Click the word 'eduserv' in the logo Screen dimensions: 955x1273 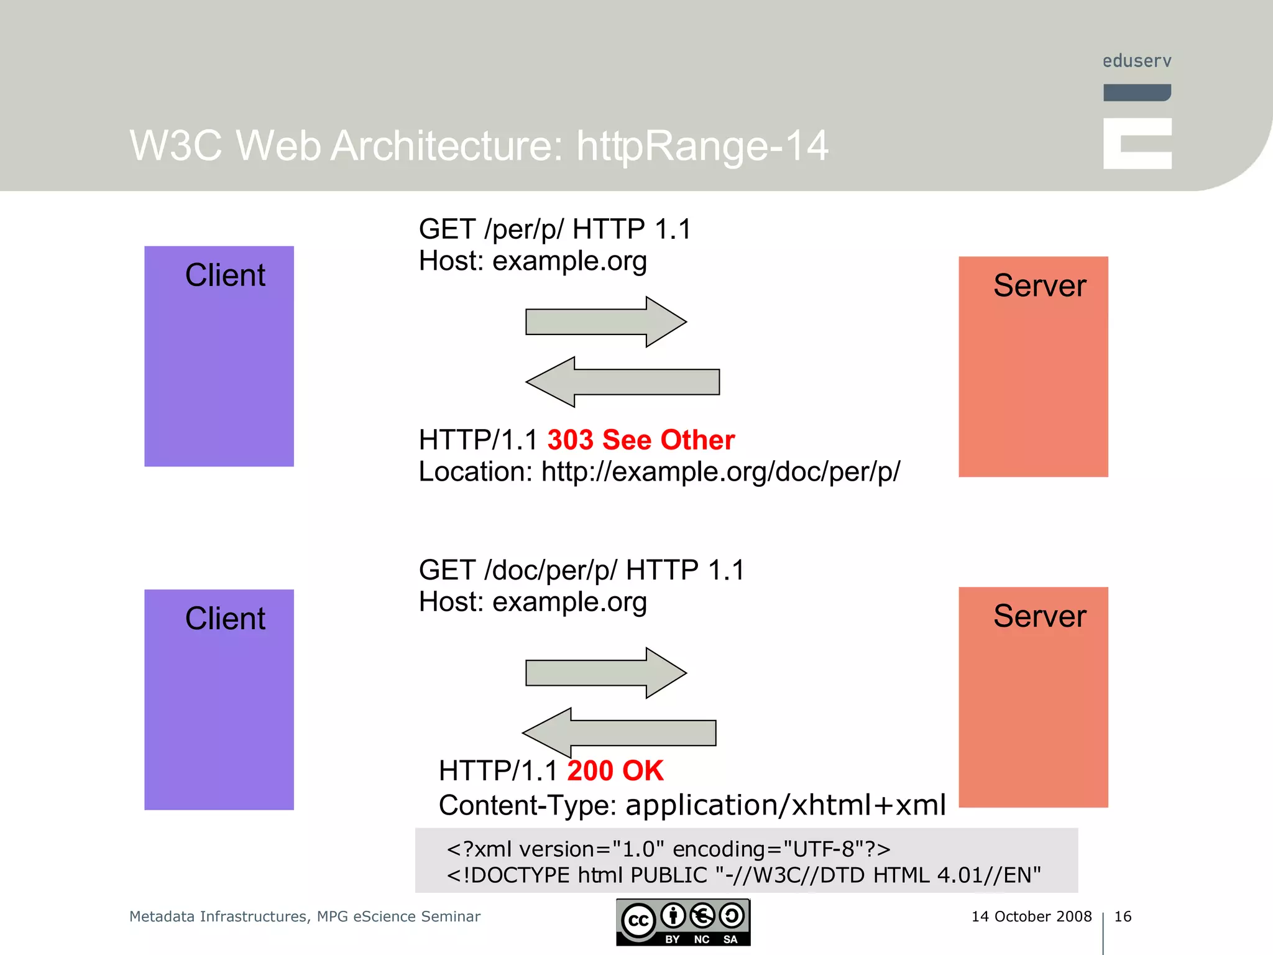1137,61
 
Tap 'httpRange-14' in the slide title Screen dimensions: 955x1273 702,146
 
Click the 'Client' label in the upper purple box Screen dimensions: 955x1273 225,275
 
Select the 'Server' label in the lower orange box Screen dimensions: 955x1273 1039,616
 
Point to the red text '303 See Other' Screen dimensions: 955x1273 641,440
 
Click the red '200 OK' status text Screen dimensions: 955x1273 615,771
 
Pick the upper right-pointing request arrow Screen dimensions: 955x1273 605,322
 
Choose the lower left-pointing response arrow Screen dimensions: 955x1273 619,733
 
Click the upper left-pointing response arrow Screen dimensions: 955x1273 622,382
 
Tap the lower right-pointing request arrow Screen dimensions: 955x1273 605,673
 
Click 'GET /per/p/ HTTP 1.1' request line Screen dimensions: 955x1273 554,229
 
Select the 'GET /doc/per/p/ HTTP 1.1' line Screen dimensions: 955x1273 581,570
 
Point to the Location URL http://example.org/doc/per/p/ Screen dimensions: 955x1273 720,472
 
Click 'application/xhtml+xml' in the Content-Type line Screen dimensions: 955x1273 786,805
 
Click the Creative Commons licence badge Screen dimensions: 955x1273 683,922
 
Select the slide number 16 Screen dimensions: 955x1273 1123,916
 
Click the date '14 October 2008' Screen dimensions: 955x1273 1031,916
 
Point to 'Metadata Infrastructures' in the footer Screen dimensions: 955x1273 218,916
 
